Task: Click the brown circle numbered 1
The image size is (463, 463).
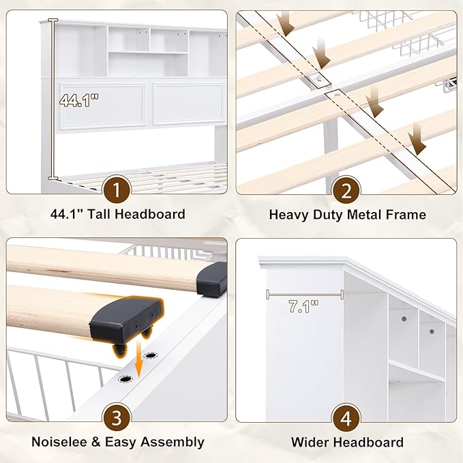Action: (117, 190)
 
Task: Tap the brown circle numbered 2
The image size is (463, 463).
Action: (346, 191)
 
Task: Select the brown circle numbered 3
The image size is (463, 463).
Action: (117, 418)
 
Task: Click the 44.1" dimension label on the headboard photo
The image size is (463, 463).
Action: (79, 100)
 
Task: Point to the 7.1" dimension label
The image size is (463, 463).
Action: (303, 306)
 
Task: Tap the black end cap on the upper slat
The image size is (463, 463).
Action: (211, 279)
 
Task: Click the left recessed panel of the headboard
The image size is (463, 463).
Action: (102, 106)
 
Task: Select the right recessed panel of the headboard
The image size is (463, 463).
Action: (189, 104)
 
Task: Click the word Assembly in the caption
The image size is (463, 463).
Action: (172, 443)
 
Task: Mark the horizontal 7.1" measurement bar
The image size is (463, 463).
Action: (305, 295)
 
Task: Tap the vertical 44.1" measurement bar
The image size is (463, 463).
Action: (53, 100)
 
